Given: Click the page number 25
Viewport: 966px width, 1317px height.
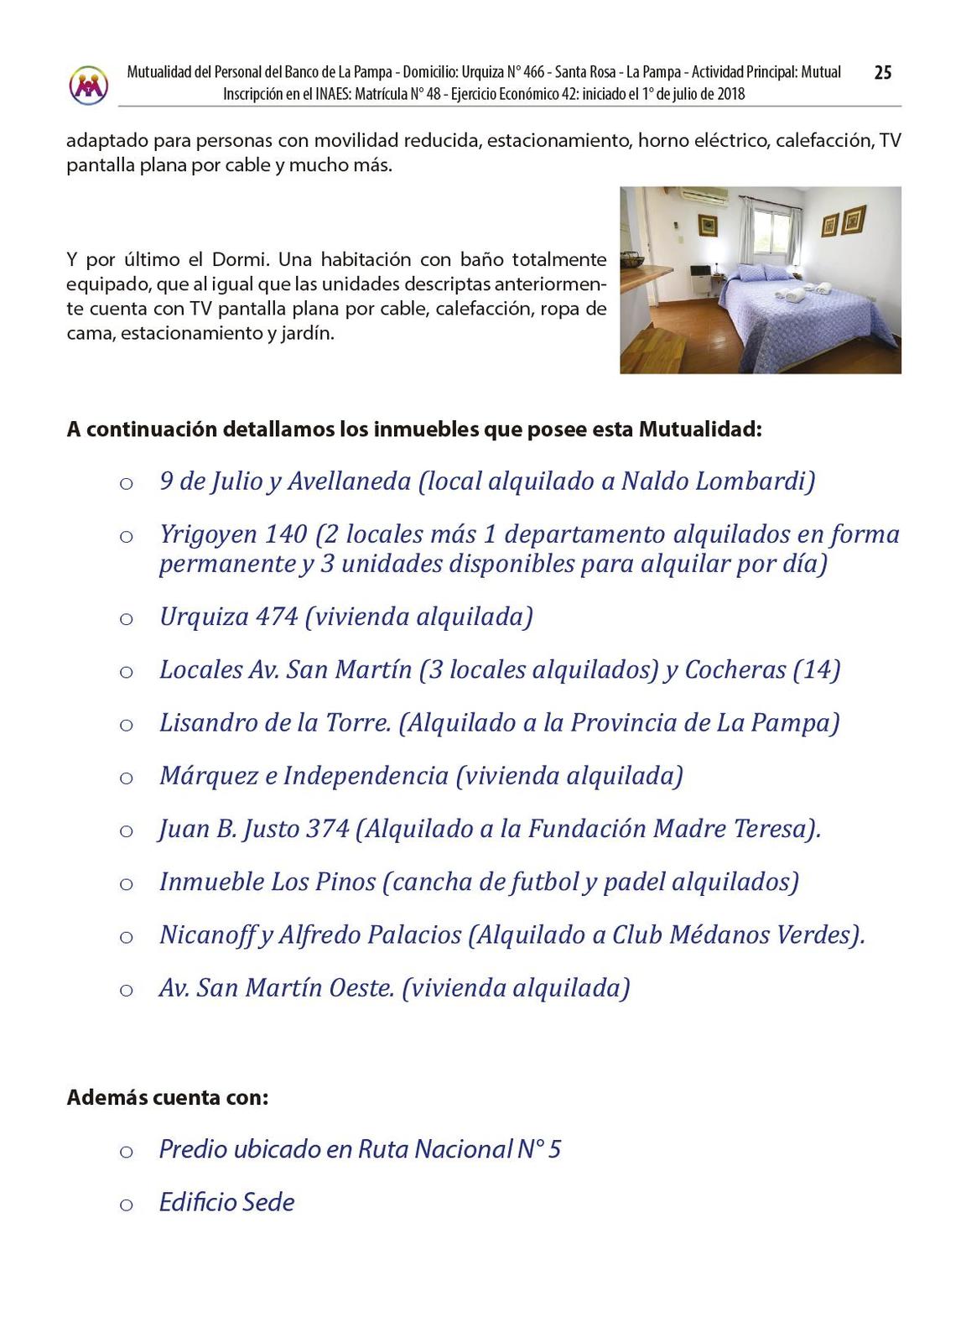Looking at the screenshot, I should pyautogui.click(x=882, y=73).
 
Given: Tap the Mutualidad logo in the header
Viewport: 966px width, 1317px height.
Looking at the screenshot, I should pyautogui.click(x=89, y=85).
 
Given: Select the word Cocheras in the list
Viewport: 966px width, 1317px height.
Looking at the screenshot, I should pyautogui.click(x=735, y=669).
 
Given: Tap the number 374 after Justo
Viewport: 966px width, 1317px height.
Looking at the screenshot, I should pyautogui.click(x=327, y=829).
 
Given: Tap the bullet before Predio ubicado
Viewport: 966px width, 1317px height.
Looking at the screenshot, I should pyautogui.click(x=126, y=1152).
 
